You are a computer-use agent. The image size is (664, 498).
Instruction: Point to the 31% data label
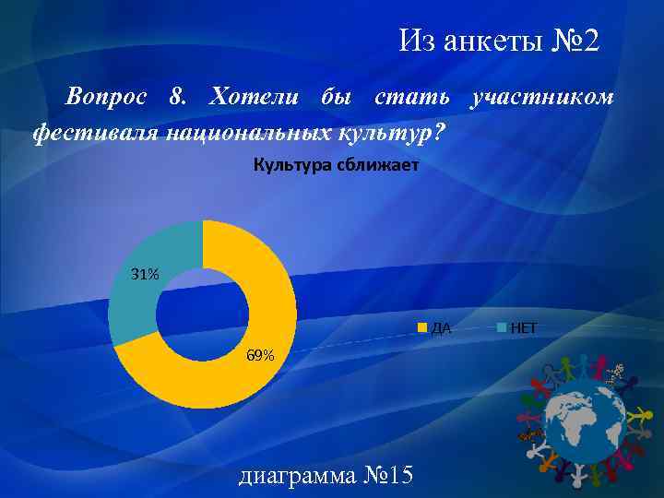(145, 275)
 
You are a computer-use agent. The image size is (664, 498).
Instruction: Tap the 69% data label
(259, 356)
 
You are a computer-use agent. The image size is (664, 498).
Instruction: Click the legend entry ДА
(441, 327)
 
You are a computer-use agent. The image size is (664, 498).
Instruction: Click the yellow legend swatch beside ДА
(423, 327)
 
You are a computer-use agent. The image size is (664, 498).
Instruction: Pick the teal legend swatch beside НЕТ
(502, 327)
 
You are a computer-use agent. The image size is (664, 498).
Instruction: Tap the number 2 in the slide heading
(590, 41)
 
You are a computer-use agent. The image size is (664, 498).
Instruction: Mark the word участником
(540, 98)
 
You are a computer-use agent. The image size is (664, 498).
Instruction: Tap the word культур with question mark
(393, 134)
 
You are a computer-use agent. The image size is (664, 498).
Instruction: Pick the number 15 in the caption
(397, 476)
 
